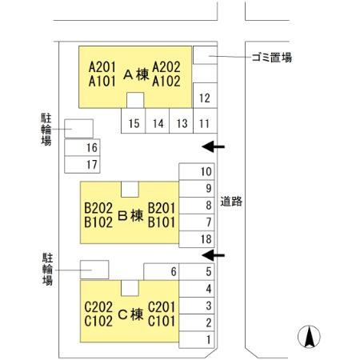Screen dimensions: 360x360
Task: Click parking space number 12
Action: (x=205, y=95)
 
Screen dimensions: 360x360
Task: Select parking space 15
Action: (x=134, y=121)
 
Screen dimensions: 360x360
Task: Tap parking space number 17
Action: (x=82, y=165)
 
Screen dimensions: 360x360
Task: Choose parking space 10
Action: (x=197, y=171)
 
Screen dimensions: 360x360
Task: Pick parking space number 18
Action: (x=197, y=239)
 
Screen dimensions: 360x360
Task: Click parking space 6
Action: (x=162, y=272)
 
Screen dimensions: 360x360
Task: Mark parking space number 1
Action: (x=197, y=340)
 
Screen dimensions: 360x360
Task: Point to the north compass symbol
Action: (x=309, y=337)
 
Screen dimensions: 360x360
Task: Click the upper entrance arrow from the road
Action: (x=213, y=146)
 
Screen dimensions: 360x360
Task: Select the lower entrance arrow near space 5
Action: (x=213, y=255)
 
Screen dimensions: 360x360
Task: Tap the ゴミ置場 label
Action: (x=272, y=58)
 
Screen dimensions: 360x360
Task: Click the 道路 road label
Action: (x=231, y=202)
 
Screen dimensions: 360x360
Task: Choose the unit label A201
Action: (x=102, y=67)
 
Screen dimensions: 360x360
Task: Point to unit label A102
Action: (x=166, y=81)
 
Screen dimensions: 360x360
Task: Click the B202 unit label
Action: (x=98, y=208)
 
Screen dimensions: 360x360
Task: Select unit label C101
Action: (x=162, y=321)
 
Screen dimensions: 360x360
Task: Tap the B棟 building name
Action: (x=130, y=215)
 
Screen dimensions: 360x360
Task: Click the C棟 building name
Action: (x=130, y=314)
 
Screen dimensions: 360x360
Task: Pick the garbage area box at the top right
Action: (x=205, y=55)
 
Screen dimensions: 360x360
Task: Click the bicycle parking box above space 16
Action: (x=79, y=129)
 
